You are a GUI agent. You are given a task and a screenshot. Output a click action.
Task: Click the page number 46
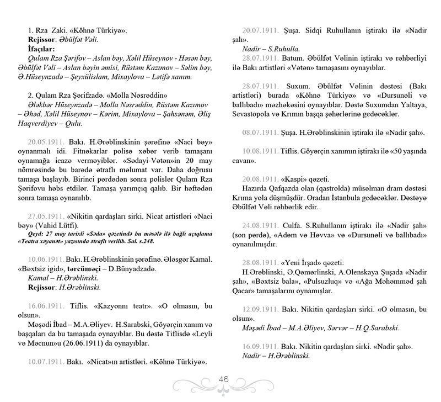point(224,379)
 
